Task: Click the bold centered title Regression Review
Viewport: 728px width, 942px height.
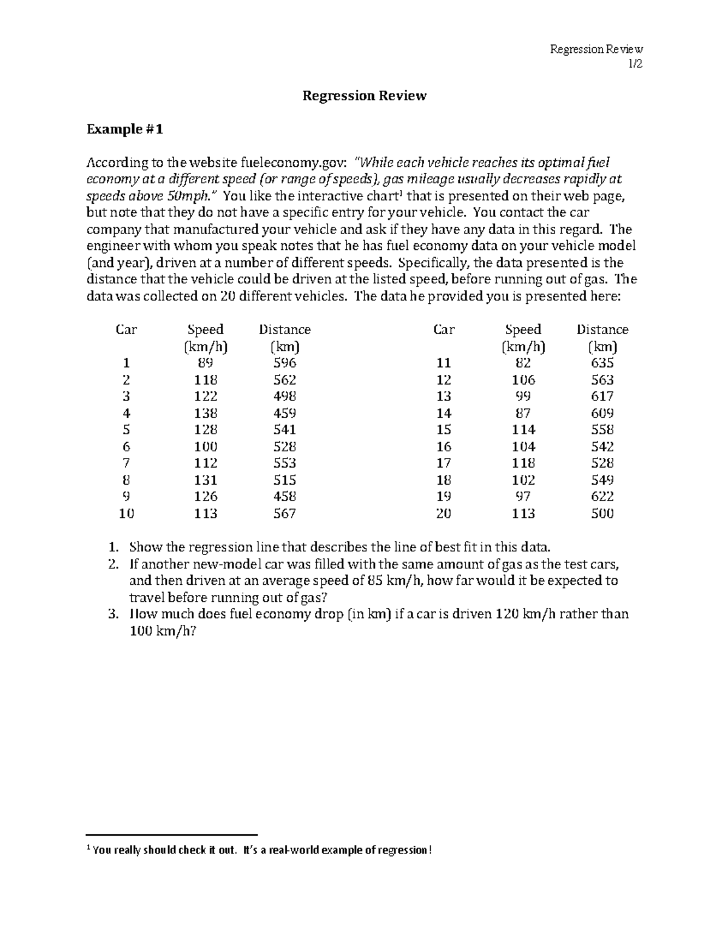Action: (x=365, y=96)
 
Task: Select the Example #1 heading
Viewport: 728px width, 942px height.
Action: (x=125, y=129)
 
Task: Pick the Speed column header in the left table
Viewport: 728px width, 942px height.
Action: (x=206, y=329)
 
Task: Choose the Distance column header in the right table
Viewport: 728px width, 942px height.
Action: (x=602, y=329)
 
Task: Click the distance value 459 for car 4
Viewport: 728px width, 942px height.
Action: (x=285, y=413)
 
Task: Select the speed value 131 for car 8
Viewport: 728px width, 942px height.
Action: (x=206, y=480)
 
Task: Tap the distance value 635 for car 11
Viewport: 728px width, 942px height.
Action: (x=602, y=363)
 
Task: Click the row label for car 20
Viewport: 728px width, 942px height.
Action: (x=443, y=513)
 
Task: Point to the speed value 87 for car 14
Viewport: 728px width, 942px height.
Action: (x=523, y=413)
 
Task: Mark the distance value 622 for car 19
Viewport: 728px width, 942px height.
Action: (x=602, y=496)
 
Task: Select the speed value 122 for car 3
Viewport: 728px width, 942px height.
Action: (x=206, y=396)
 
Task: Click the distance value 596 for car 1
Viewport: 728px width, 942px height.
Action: (x=285, y=363)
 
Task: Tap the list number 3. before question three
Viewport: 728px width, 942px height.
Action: (x=112, y=614)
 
